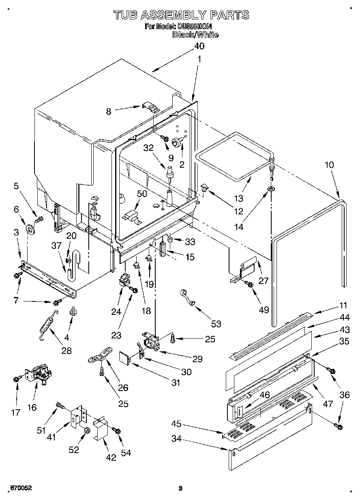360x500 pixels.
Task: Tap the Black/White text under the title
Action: (x=195, y=35)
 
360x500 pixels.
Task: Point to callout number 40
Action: (x=199, y=46)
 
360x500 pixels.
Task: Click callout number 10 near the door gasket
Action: (x=329, y=165)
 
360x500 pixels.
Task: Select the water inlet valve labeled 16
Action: (x=39, y=374)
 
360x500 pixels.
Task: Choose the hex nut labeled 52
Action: (x=86, y=429)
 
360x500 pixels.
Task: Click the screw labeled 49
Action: (x=250, y=285)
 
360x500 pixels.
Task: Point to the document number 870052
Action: (x=21, y=488)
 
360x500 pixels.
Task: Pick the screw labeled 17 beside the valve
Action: (x=16, y=379)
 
